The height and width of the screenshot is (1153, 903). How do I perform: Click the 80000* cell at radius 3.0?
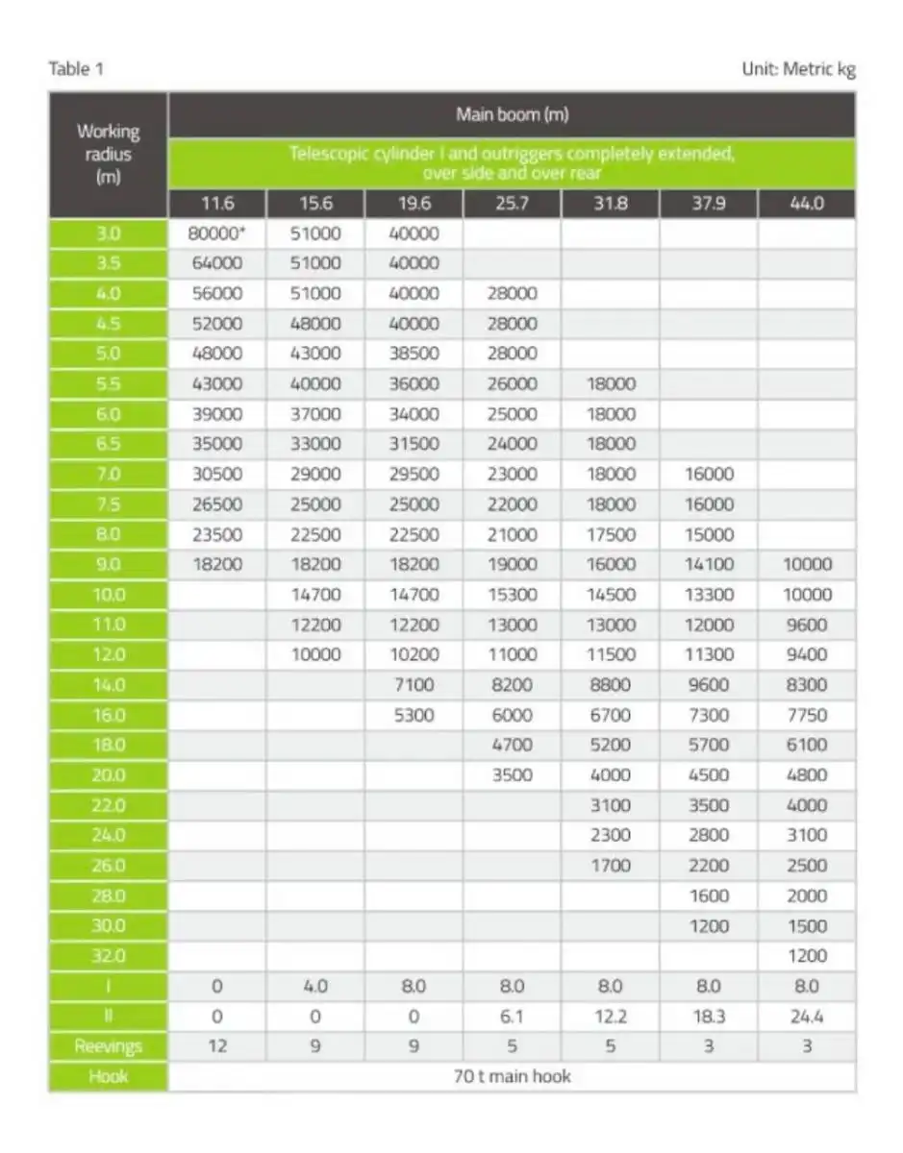pos(218,233)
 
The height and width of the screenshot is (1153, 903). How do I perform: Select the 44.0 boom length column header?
pos(806,204)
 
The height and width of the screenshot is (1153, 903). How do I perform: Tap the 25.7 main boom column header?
pos(513,204)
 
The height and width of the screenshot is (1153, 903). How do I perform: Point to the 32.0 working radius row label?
pos(109,956)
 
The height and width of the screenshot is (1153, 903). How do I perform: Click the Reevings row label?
pos(109,1046)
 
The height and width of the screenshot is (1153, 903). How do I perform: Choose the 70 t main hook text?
pos(512,1076)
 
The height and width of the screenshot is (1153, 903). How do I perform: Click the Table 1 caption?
pos(75,68)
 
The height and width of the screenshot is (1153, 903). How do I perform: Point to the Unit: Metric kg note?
pos(797,68)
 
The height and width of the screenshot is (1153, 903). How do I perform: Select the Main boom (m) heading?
pos(512,115)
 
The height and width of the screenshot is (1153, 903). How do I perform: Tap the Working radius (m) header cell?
pos(109,154)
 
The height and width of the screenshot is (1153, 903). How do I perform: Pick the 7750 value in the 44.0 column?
pos(806,715)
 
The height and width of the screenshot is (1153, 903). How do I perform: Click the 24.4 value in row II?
pos(806,1017)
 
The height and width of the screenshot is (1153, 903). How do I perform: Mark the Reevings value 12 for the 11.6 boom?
pos(218,1046)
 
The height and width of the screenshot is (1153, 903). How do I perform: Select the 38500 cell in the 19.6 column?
pos(414,353)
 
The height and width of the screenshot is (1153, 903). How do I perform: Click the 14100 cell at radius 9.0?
pos(709,564)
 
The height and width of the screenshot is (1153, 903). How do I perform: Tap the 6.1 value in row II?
pos(513,1017)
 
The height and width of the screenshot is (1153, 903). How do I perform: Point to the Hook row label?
pos(109,1076)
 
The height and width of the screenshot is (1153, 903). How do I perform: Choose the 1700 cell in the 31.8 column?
pos(611,866)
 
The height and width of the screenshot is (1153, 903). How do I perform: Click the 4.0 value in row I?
pos(315,986)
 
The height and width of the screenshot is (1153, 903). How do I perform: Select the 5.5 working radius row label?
pos(109,383)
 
